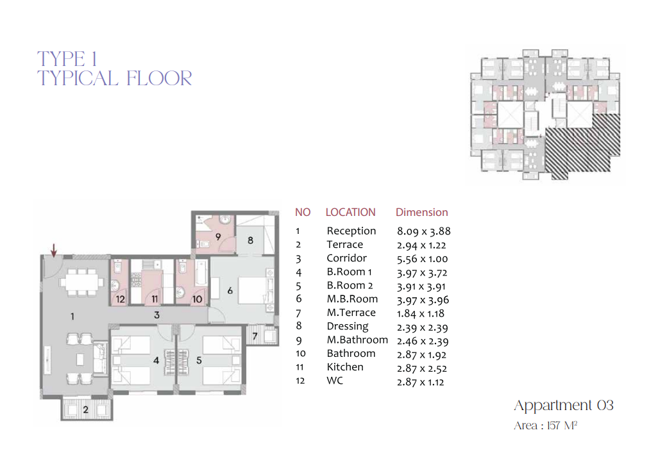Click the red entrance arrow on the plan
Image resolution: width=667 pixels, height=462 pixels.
pyautogui.click(x=54, y=251)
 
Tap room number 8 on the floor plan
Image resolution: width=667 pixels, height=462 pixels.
pyautogui.click(x=251, y=240)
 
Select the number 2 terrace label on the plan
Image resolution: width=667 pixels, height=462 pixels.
pyautogui.click(x=85, y=409)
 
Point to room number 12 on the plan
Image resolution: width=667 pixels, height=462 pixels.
pyautogui.click(x=121, y=299)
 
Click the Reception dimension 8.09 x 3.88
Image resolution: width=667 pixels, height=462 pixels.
pyautogui.click(x=424, y=231)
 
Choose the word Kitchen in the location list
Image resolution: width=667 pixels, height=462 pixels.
pyautogui.click(x=345, y=367)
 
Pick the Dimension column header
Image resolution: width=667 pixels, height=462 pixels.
pyautogui.click(x=421, y=212)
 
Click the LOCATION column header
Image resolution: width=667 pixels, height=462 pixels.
pyautogui.click(x=351, y=212)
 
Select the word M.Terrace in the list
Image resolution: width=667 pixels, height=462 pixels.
pyautogui.click(x=351, y=313)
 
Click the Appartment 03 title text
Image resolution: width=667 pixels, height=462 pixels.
pyautogui.click(x=564, y=406)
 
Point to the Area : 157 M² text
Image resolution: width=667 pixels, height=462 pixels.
pyautogui.click(x=545, y=425)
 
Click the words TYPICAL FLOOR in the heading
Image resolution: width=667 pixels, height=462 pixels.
pyautogui.click(x=114, y=79)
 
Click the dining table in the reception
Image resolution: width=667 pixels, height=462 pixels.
pyautogui.click(x=81, y=281)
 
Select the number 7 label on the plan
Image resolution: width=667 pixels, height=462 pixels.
pyautogui.click(x=255, y=336)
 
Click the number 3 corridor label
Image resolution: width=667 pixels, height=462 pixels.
pyautogui.click(x=156, y=315)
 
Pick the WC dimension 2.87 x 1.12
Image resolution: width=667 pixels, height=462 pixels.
pyautogui.click(x=420, y=382)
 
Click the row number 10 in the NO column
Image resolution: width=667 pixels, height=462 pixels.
pyautogui.click(x=300, y=353)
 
